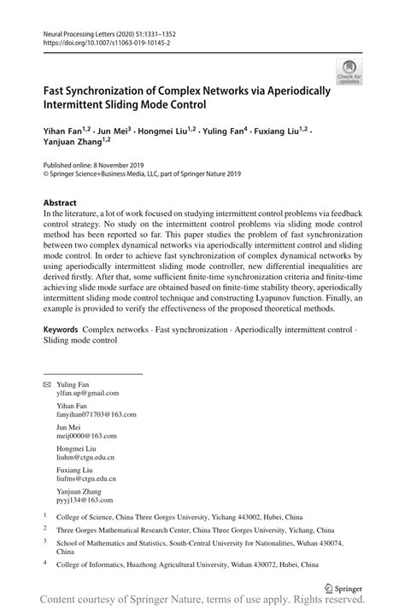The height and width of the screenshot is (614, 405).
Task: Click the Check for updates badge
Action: coord(349,73)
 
